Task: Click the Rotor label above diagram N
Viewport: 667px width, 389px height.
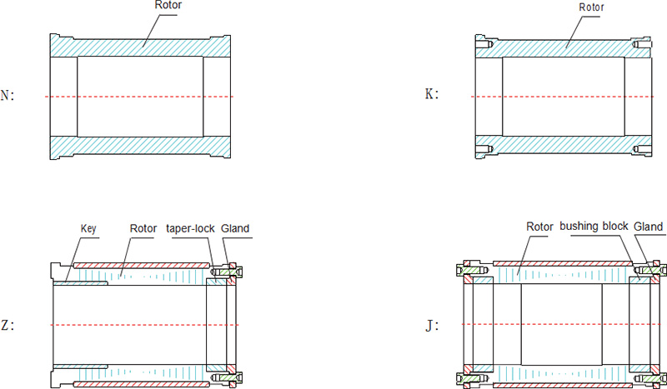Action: pyautogui.click(x=168, y=5)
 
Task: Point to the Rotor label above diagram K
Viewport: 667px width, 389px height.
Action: pyautogui.click(x=591, y=7)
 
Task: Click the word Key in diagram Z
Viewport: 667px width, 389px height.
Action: pyautogui.click(x=88, y=229)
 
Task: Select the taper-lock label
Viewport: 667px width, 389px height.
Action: pyautogui.click(x=190, y=229)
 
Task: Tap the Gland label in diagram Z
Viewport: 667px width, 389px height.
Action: pyautogui.click(x=235, y=228)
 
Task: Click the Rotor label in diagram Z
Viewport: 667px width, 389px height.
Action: pyautogui.click(x=143, y=228)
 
